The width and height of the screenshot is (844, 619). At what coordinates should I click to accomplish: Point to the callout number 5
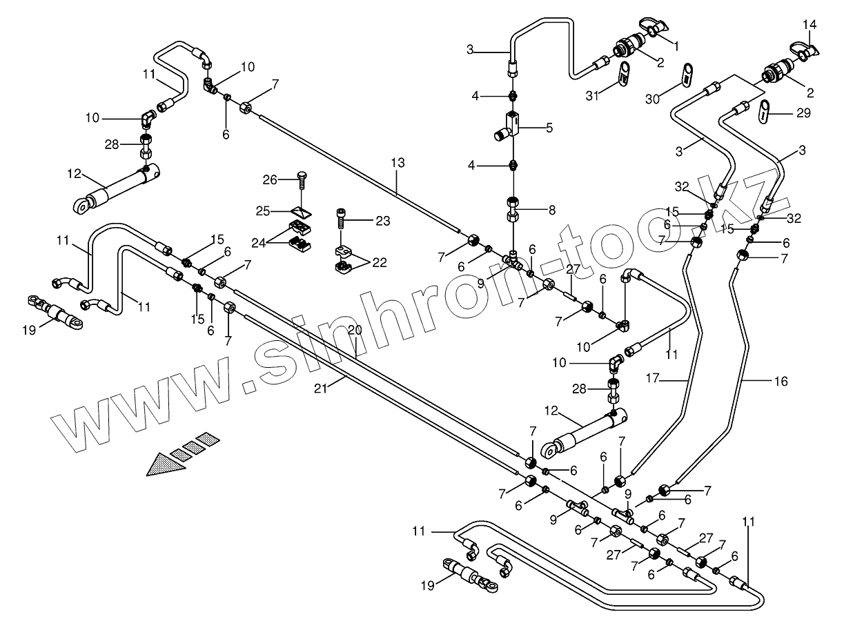[549, 127]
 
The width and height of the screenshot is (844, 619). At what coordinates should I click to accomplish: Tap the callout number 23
[382, 221]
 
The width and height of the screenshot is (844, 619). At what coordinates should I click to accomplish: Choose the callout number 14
[809, 25]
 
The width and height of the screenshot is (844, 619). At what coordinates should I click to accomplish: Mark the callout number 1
[676, 47]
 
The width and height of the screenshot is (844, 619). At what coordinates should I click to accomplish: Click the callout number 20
[355, 331]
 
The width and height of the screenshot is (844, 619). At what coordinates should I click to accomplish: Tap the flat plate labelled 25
[298, 210]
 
